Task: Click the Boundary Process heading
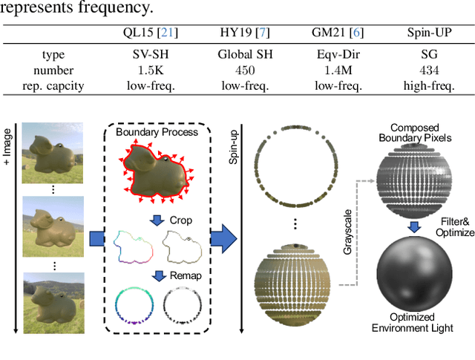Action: tap(157, 132)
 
